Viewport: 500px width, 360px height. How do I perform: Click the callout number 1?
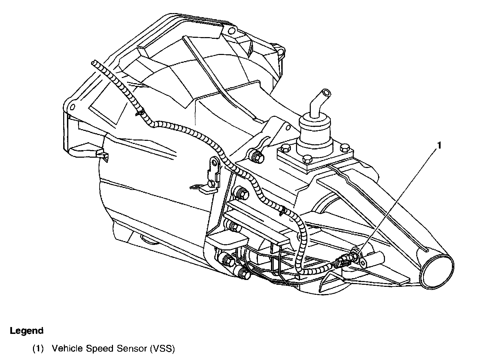pyautogui.click(x=438, y=146)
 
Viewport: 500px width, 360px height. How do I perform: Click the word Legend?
pyautogui.click(x=26, y=331)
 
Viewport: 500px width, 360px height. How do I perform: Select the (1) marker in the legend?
pyautogui.click(x=38, y=349)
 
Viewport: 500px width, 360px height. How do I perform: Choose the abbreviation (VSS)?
pyautogui.click(x=162, y=349)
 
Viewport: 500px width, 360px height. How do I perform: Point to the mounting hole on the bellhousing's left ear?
pyautogui.click(x=72, y=107)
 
